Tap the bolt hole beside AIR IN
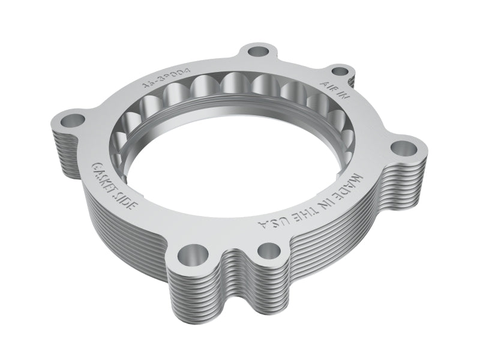coord(340,71)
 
